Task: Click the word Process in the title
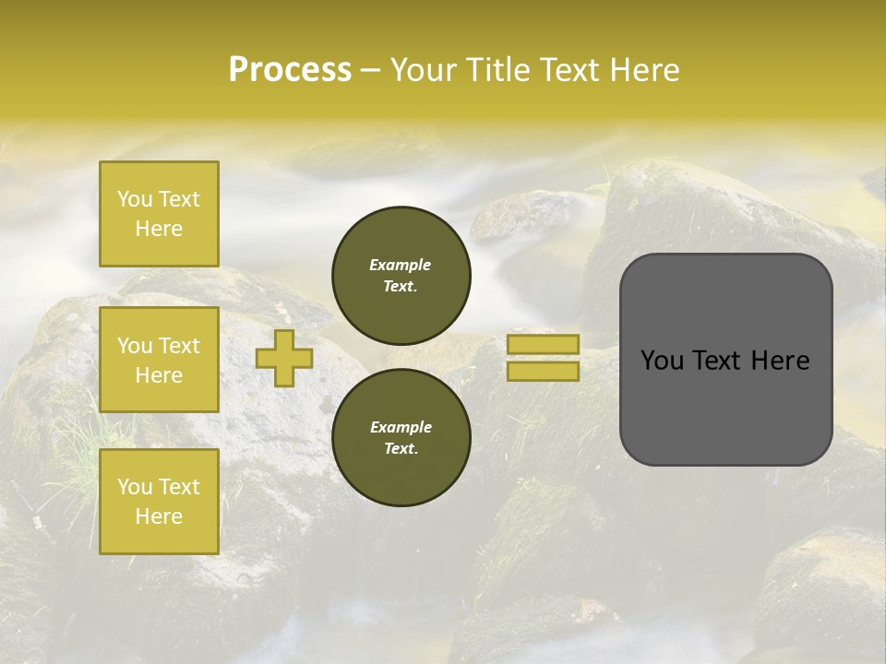click(x=290, y=70)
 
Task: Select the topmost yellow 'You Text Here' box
click(x=159, y=214)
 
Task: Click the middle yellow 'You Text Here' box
click(x=159, y=360)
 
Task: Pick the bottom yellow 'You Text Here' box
click(x=159, y=502)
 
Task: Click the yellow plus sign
click(x=284, y=358)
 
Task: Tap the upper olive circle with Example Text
click(x=401, y=275)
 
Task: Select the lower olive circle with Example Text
click(x=401, y=437)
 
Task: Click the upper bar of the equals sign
click(x=543, y=345)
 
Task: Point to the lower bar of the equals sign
click(x=543, y=371)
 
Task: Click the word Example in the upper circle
click(x=401, y=265)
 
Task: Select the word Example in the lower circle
click(x=401, y=427)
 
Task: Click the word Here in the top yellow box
click(x=159, y=229)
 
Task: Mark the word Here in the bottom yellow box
click(x=159, y=516)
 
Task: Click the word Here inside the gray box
click(x=781, y=361)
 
